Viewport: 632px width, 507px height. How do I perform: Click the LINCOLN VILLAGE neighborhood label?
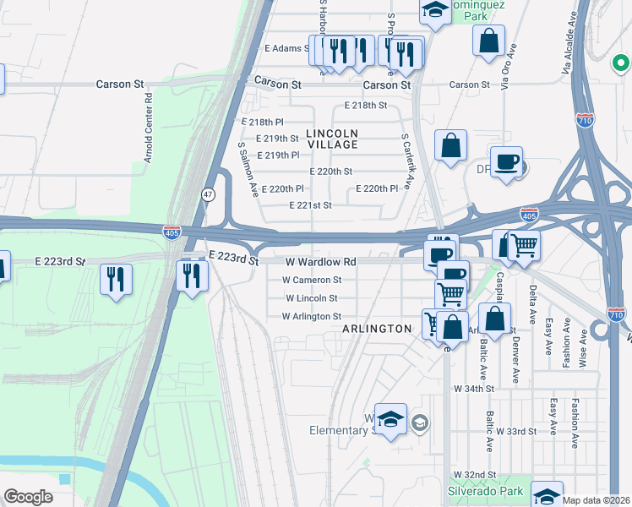point(332,139)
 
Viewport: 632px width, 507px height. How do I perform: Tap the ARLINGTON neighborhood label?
point(376,328)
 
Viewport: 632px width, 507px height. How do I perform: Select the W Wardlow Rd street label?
point(320,262)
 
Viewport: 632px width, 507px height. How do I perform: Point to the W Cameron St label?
point(312,280)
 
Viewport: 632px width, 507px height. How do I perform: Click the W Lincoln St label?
point(312,298)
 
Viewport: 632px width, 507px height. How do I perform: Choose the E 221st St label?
point(310,205)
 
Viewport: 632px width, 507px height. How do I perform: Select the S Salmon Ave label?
point(247,169)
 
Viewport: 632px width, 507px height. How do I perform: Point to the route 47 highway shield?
point(208,194)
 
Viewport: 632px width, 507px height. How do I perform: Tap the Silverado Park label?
point(479,491)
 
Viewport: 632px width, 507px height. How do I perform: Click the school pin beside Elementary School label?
point(390,419)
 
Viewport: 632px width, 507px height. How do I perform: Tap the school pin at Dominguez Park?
point(435,10)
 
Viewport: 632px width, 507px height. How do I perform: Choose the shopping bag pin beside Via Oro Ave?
point(489,41)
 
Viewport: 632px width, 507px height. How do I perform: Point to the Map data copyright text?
point(597,500)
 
